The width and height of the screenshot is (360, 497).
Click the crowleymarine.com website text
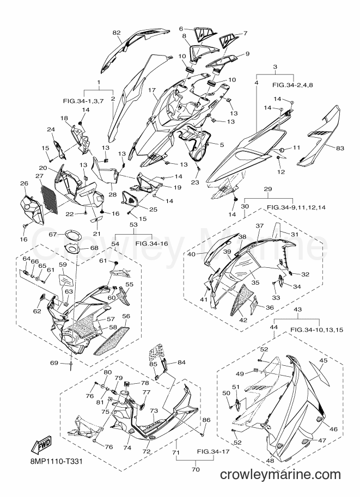[x=280, y=475]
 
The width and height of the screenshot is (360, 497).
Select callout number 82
[x=117, y=32]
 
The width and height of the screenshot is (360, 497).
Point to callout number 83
[x=340, y=148]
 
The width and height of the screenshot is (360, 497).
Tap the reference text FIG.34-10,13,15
[x=316, y=330]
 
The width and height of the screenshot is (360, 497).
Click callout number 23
[x=195, y=182]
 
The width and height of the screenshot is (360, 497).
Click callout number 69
[x=54, y=363]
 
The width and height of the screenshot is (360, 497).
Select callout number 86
[x=206, y=420]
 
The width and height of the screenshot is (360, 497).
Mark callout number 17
[x=152, y=90]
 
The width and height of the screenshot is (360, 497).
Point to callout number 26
[x=24, y=183]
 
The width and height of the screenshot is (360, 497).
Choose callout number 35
[x=255, y=283]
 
